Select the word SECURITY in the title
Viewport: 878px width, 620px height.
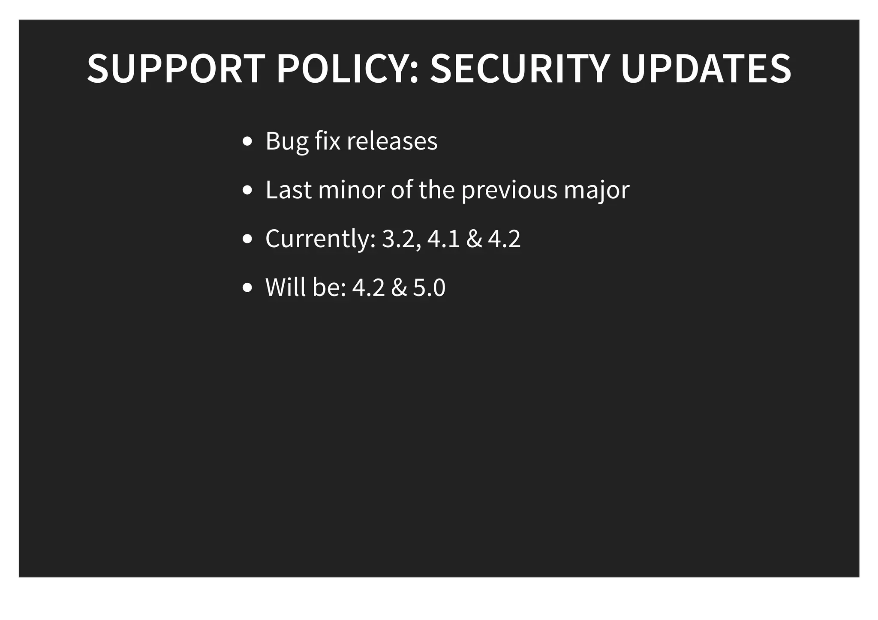point(520,69)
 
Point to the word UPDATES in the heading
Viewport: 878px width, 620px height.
point(706,69)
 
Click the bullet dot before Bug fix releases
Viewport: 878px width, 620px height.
point(247,141)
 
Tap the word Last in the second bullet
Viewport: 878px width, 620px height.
point(289,189)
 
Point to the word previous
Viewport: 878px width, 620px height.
point(509,190)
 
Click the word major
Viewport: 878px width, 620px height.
point(597,190)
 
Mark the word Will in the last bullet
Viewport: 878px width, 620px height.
point(286,287)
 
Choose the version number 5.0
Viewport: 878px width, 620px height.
point(429,287)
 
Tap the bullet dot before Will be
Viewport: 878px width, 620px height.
point(247,288)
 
